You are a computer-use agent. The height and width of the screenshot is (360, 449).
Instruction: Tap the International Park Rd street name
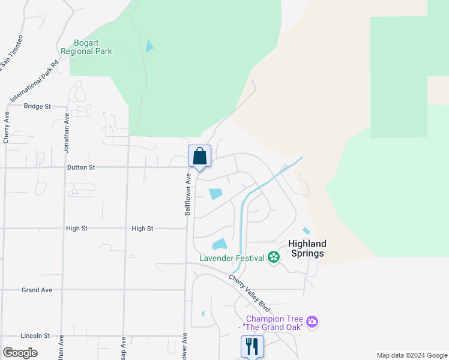click(34, 82)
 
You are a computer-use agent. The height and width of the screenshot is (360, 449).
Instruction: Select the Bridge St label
click(38, 106)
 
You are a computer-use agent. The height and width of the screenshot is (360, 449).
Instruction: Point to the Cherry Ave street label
click(7, 127)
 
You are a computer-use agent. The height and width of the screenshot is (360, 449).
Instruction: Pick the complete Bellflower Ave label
click(187, 194)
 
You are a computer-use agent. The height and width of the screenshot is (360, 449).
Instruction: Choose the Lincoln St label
click(35, 335)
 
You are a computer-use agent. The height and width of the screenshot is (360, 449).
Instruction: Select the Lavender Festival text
click(232, 258)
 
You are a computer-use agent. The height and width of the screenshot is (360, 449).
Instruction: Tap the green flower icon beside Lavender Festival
click(274, 257)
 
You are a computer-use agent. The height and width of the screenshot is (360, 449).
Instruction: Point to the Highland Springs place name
click(307, 248)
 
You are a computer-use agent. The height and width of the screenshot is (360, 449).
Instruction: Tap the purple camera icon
click(312, 322)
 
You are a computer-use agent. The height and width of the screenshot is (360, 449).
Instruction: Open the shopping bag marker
click(200, 156)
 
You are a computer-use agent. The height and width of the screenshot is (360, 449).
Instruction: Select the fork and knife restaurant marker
click(252, 346)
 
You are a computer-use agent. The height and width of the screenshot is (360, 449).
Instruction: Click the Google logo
click(20, 353)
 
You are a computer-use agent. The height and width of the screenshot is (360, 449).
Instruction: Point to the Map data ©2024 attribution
click(411, 355)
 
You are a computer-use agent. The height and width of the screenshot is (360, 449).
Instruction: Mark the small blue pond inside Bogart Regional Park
click(149, 46)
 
